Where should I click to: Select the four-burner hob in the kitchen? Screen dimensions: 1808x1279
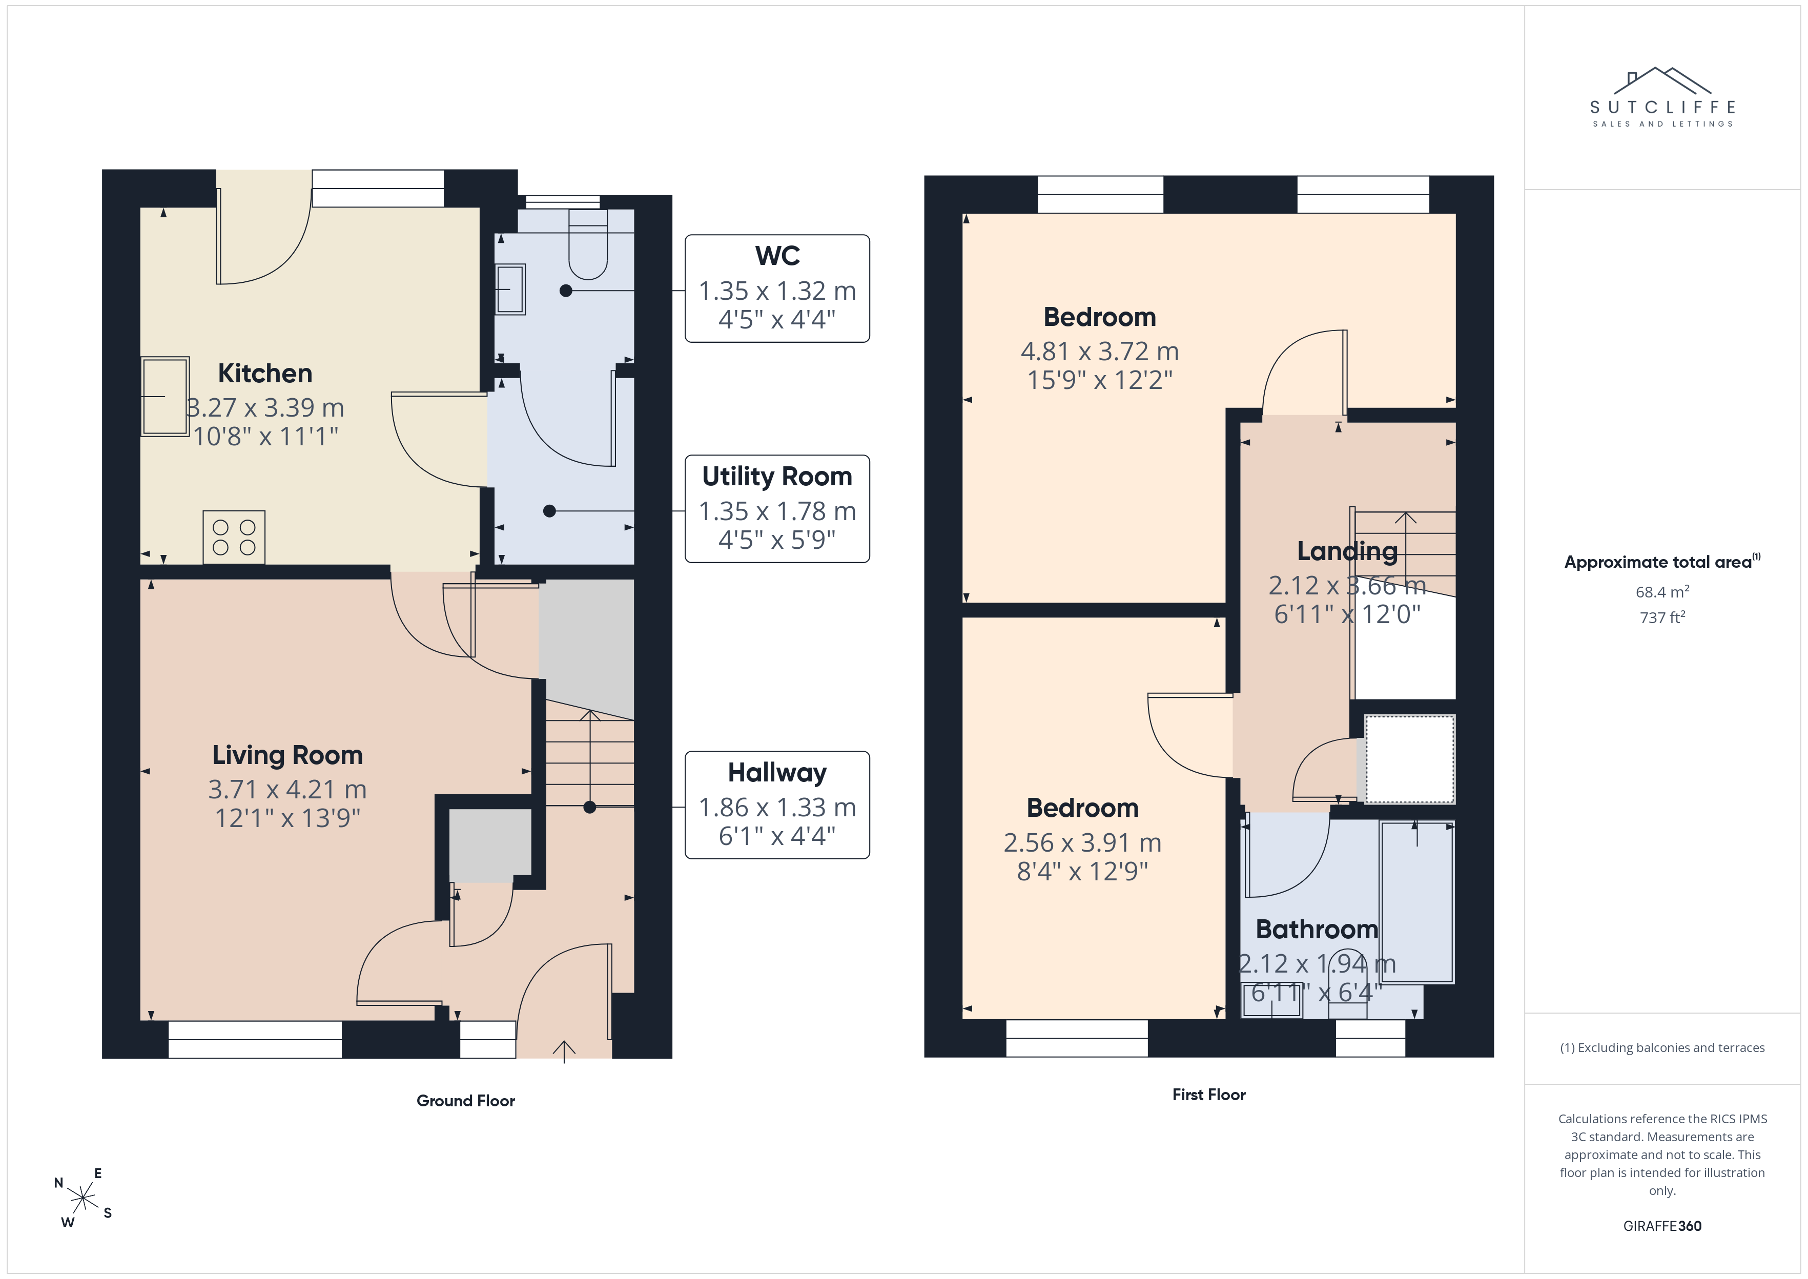click(x=234, y=537)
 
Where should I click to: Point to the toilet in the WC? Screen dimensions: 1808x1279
click(x=587, y=244)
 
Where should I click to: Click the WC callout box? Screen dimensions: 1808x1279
click(x=777, y=288)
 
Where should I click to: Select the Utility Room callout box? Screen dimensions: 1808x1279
click(x=777, y=509)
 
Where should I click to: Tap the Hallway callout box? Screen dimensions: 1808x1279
click(x=777, y=805)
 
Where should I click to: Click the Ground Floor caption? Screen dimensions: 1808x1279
click(x=465, y=1100)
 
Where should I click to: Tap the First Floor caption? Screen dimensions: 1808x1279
click(x=1209, y=1094)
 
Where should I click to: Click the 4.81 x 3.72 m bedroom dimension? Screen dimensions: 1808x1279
click(x=1099, y=350)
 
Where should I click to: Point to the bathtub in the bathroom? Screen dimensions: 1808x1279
click(x=1416, y=902)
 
